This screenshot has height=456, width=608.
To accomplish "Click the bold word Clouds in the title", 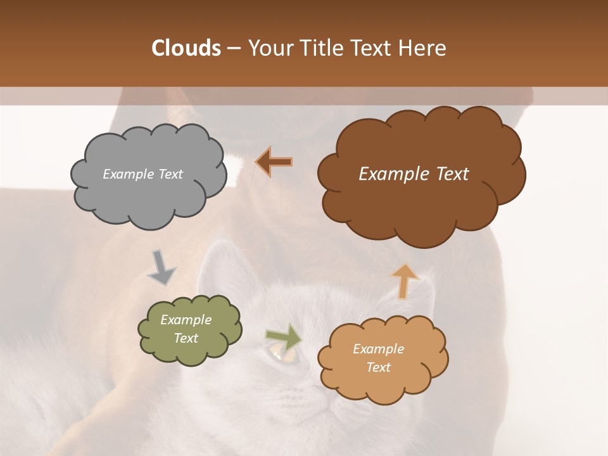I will coord(186,48).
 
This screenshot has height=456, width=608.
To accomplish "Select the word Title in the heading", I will coord(319,48).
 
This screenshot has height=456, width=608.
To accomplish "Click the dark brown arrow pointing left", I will coord(274,162).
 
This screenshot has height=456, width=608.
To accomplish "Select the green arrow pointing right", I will coord(284,336).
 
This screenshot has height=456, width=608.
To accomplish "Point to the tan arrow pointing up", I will coord(405,281).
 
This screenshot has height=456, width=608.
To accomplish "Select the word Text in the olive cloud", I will coord(186,338).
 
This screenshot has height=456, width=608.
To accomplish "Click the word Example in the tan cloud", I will coord(378,349).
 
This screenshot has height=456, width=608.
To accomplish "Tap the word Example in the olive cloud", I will coord(186,320).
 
